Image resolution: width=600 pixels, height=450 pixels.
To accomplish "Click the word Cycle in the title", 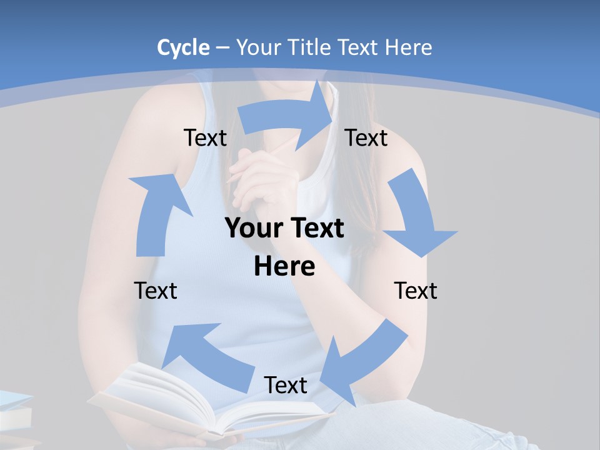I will click(183, 47).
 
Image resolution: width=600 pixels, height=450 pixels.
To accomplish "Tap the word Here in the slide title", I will click(409, 47).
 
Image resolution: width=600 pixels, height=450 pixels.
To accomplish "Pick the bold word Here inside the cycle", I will click(284, 266).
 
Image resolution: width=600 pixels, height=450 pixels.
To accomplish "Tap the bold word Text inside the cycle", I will click(316, 228).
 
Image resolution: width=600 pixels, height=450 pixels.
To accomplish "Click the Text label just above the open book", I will click(286, 385).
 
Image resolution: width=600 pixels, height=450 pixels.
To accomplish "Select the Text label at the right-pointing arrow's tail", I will click(205, 137).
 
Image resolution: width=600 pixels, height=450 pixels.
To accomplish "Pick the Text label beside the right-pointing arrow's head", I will click(366, 137).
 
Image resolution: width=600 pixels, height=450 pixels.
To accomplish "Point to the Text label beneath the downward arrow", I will click(416, 291).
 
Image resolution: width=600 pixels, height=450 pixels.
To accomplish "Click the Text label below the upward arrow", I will click(156, 291).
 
